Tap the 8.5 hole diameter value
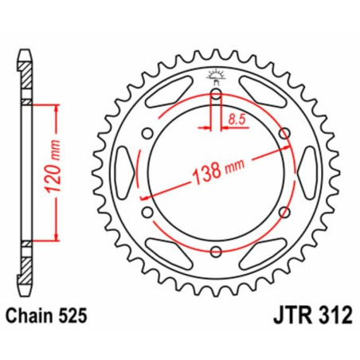pos(236,120)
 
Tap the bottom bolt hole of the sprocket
pos(216,252)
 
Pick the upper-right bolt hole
pos(284,135)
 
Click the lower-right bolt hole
pos(284,213)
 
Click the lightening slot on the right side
pos(307,174)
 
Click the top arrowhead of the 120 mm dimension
pos(57,108)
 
